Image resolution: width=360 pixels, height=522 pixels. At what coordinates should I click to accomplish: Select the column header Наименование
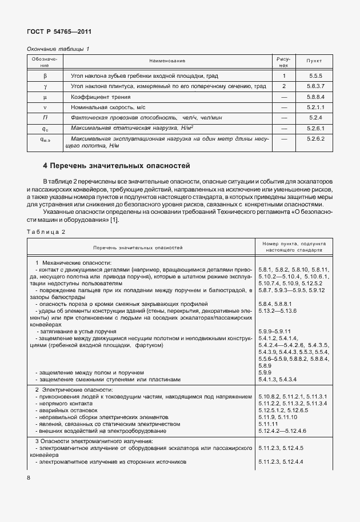[x=167, y=61]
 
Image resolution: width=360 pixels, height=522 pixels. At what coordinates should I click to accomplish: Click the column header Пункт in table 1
[x=314, y=61]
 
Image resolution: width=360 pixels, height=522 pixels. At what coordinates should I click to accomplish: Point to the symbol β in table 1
[x=45, y=75]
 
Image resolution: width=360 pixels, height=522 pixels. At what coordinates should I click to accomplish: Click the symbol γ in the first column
[x=45, y=86]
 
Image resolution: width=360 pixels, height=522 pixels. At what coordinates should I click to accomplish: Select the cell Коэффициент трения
[x=97, y=97]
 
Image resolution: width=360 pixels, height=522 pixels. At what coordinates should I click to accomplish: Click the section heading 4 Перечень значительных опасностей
[x=116, y=166]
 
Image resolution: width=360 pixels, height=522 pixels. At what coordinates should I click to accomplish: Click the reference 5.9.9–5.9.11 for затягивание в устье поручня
[x=275, y=331]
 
